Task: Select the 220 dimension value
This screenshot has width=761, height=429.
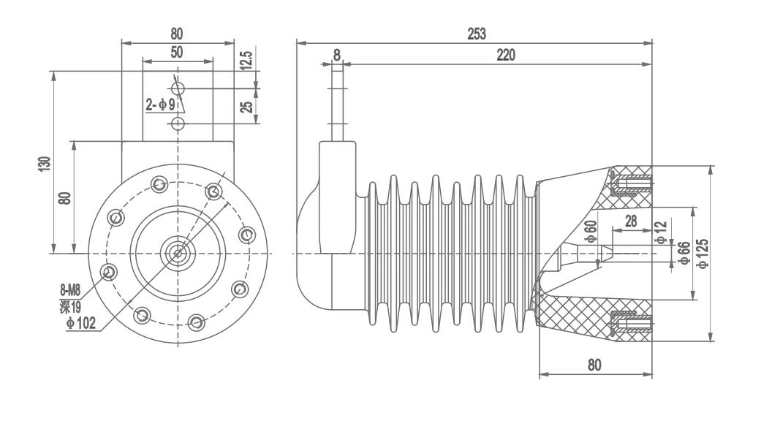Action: tap(504, 56)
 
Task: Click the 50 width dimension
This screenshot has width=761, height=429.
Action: tap(176, 53)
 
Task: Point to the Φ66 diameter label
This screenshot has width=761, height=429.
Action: tap(685, 253)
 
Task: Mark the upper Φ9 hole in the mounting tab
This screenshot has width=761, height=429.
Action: tap(177, 88)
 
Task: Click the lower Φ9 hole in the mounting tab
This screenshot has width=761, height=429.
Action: tap(177, 123)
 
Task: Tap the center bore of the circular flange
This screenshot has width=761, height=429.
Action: tap(177, 253)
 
